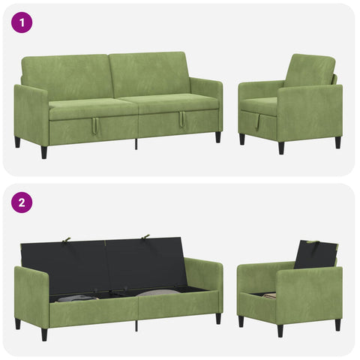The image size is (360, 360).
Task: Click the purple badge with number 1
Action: (22, 22)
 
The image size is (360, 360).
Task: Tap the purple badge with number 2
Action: (22, 202)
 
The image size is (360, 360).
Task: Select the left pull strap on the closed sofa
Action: (95, 127)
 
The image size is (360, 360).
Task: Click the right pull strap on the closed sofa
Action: (182, 119)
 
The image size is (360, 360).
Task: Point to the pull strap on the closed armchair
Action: (258, 121)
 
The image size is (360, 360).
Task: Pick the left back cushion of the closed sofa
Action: (66, 76)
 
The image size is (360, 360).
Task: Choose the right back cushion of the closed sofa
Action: (148, 73)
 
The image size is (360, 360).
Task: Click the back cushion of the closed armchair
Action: (310, 71)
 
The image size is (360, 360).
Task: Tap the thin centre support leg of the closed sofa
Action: (136, 144)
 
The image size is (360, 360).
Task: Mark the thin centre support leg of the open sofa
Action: (136, 325)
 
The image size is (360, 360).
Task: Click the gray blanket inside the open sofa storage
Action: (75, 298)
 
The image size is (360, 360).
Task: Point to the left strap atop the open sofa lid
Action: (66, 239)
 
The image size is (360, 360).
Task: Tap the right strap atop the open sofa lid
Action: (145, 236)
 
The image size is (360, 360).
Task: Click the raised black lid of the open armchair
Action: (316, 255)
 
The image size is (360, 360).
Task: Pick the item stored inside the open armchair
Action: (269, 295)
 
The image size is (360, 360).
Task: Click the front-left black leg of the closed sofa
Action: (44, 152)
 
